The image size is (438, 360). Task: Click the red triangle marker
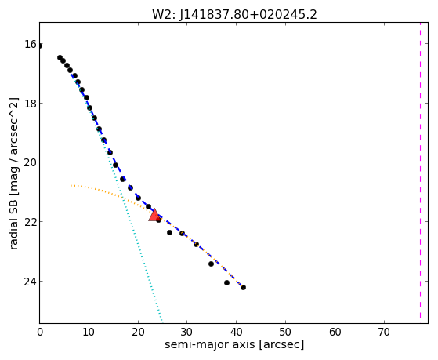tap(154, 215)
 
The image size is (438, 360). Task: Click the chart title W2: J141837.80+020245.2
tap(234, 15)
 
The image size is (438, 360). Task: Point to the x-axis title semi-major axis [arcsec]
tap(234, 344)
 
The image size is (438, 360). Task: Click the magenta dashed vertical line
tap(420, 170)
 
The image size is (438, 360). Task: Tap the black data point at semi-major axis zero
tap(40, 45)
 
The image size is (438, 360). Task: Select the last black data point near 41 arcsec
tap(244, 287)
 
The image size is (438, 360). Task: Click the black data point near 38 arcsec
tap(226, 283)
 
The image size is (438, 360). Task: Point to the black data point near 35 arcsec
tap(212, 264)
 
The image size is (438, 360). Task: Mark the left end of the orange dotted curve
tap(71, 185)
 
